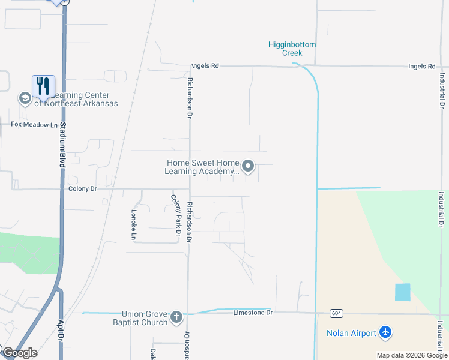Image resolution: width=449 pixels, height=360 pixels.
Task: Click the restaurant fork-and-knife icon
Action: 43,86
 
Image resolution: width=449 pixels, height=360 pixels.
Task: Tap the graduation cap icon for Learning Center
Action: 25,98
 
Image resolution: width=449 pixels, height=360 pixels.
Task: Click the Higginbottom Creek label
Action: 291,49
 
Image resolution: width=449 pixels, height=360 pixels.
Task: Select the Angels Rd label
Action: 205,67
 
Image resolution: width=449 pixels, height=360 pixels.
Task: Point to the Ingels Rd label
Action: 421,67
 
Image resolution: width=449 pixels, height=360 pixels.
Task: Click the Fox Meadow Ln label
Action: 34,125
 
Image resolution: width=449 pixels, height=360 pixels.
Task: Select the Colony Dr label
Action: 82,188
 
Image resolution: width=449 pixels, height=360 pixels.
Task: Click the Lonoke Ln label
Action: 134,224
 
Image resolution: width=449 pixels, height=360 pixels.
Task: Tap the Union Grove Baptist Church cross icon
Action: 176,317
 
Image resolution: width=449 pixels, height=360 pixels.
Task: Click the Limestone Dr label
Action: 253,313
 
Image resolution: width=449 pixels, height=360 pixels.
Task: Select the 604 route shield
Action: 336,314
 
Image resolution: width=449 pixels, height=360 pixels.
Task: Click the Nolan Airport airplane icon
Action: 385,332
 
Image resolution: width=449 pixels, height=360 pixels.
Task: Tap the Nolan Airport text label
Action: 351,333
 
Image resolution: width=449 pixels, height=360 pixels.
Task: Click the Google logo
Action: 20,353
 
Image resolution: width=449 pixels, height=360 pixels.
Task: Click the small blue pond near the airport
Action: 402,292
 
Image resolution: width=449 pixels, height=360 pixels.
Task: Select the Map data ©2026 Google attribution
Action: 412,355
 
